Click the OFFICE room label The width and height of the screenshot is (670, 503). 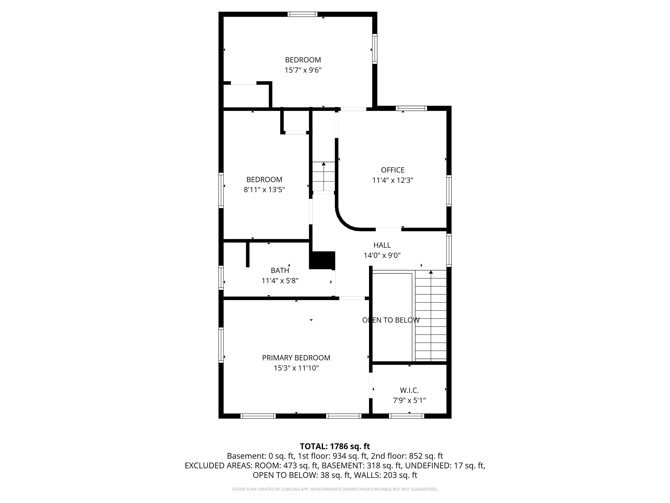(x=393, y=170)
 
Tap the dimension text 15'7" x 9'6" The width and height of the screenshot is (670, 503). (x=303, y=70)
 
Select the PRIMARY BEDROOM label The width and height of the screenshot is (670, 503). (x=296, y=358)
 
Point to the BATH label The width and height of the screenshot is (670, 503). (x=280, y=270)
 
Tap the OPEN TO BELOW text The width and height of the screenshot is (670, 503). (x=391, y=320)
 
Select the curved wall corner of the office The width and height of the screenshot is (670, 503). (x=344, y=221)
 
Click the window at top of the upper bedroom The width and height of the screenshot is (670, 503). (x=302, y=14)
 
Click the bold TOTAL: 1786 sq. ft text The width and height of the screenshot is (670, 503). (x=335, y=446)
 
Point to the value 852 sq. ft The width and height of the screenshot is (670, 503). (x=426, y=456)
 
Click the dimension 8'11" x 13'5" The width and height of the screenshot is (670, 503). (x=264, y=190)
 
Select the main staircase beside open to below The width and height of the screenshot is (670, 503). (x=430, y=315)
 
